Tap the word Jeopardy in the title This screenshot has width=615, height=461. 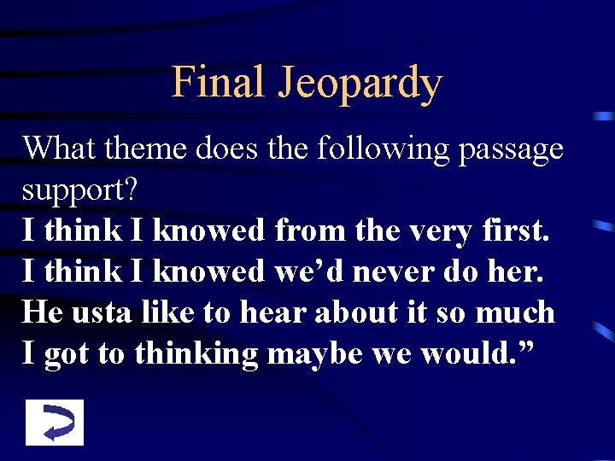(x=359, y=85)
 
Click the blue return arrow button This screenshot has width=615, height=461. (x=55, y=423)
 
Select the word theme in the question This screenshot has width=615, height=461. (x=149, y=149)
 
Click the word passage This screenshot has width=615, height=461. (x=511, y=150)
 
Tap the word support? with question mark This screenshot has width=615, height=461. (x=80, y=191)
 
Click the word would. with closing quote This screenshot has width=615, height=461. (x=474, y=353)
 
